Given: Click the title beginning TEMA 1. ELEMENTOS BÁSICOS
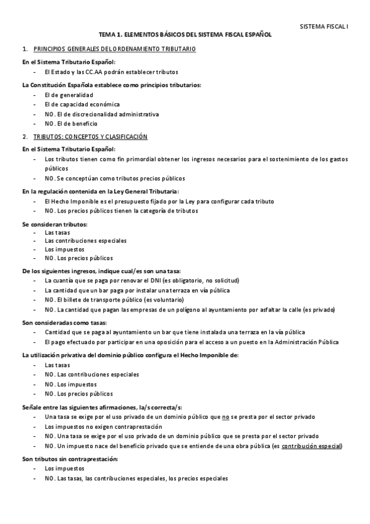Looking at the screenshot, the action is (185, 36).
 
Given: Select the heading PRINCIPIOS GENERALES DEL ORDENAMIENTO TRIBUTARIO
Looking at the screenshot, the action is (115, 49).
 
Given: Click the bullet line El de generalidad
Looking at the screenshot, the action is (69, 95).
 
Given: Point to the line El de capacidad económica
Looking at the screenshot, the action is (82, 104).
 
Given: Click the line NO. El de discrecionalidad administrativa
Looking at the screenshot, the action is (101, 114).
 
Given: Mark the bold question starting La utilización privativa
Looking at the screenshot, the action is (130, 355).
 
